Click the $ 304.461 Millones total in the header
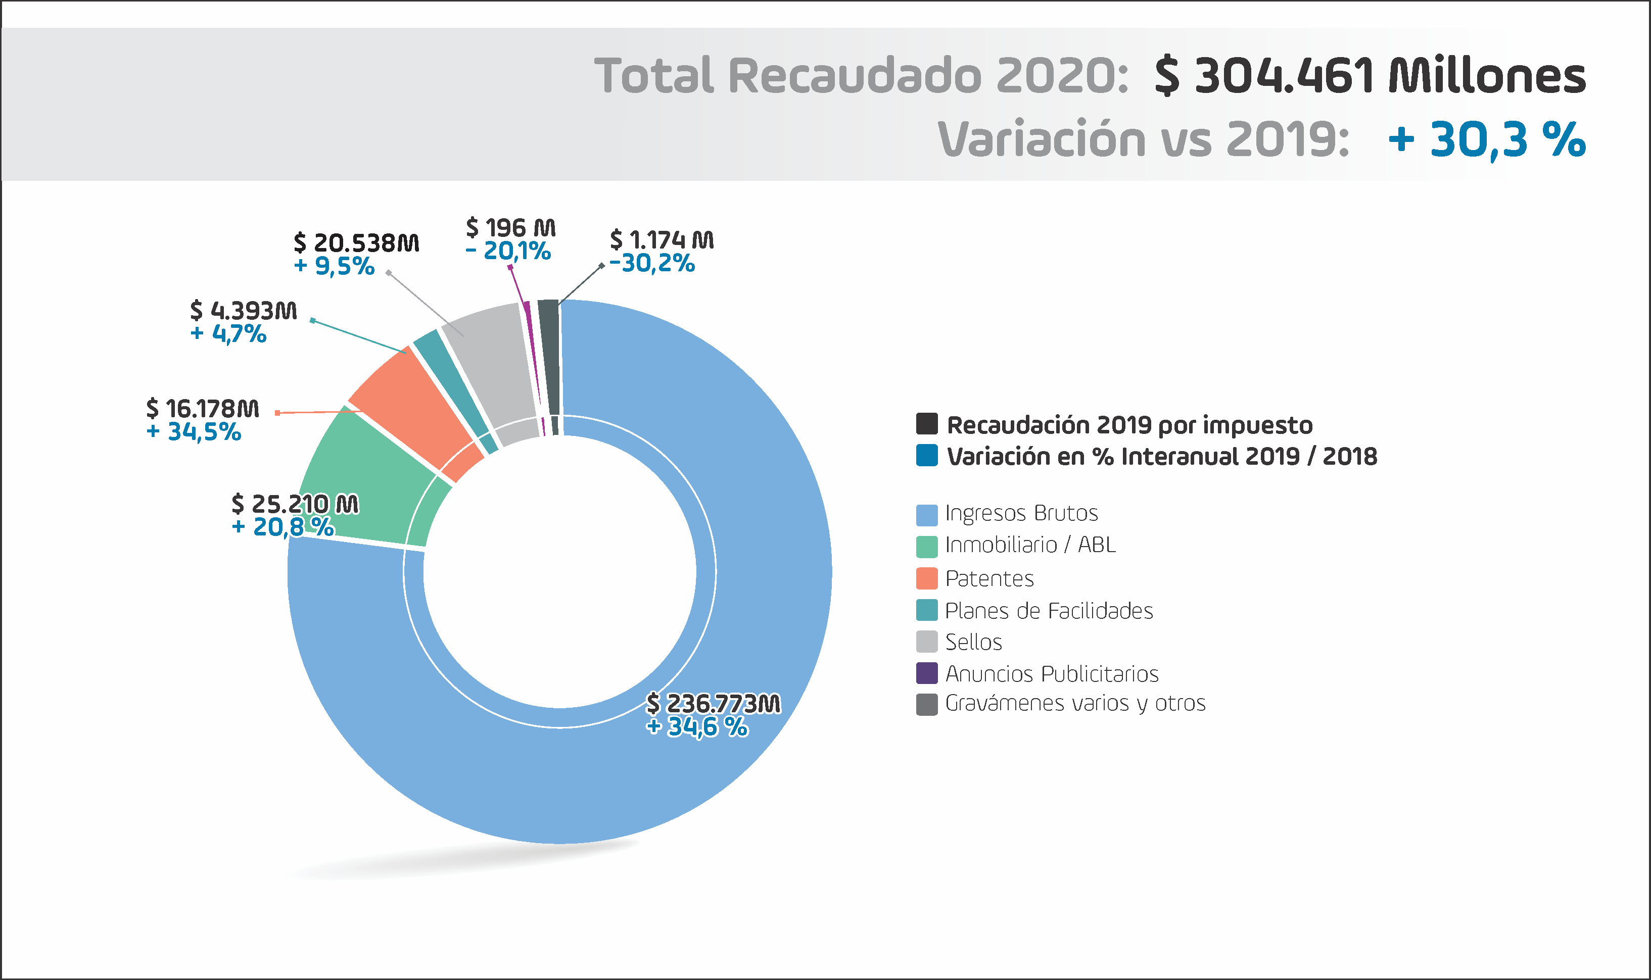coord(1370,76)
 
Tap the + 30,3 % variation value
coord(1486,139)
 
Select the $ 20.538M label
coord(356,242)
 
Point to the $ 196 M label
coord(511,228)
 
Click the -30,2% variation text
coord(652,263)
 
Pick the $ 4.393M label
coord(243,310)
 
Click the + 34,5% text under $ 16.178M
coord(194,432)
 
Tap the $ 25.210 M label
coord(295,504)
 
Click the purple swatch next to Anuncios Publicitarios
coord(926,673)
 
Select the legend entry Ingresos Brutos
coord(1021,513)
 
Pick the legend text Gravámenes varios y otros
coord(1075,703)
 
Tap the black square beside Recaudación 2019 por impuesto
coord(926,424)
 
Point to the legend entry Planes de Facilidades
coord(1049,611)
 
